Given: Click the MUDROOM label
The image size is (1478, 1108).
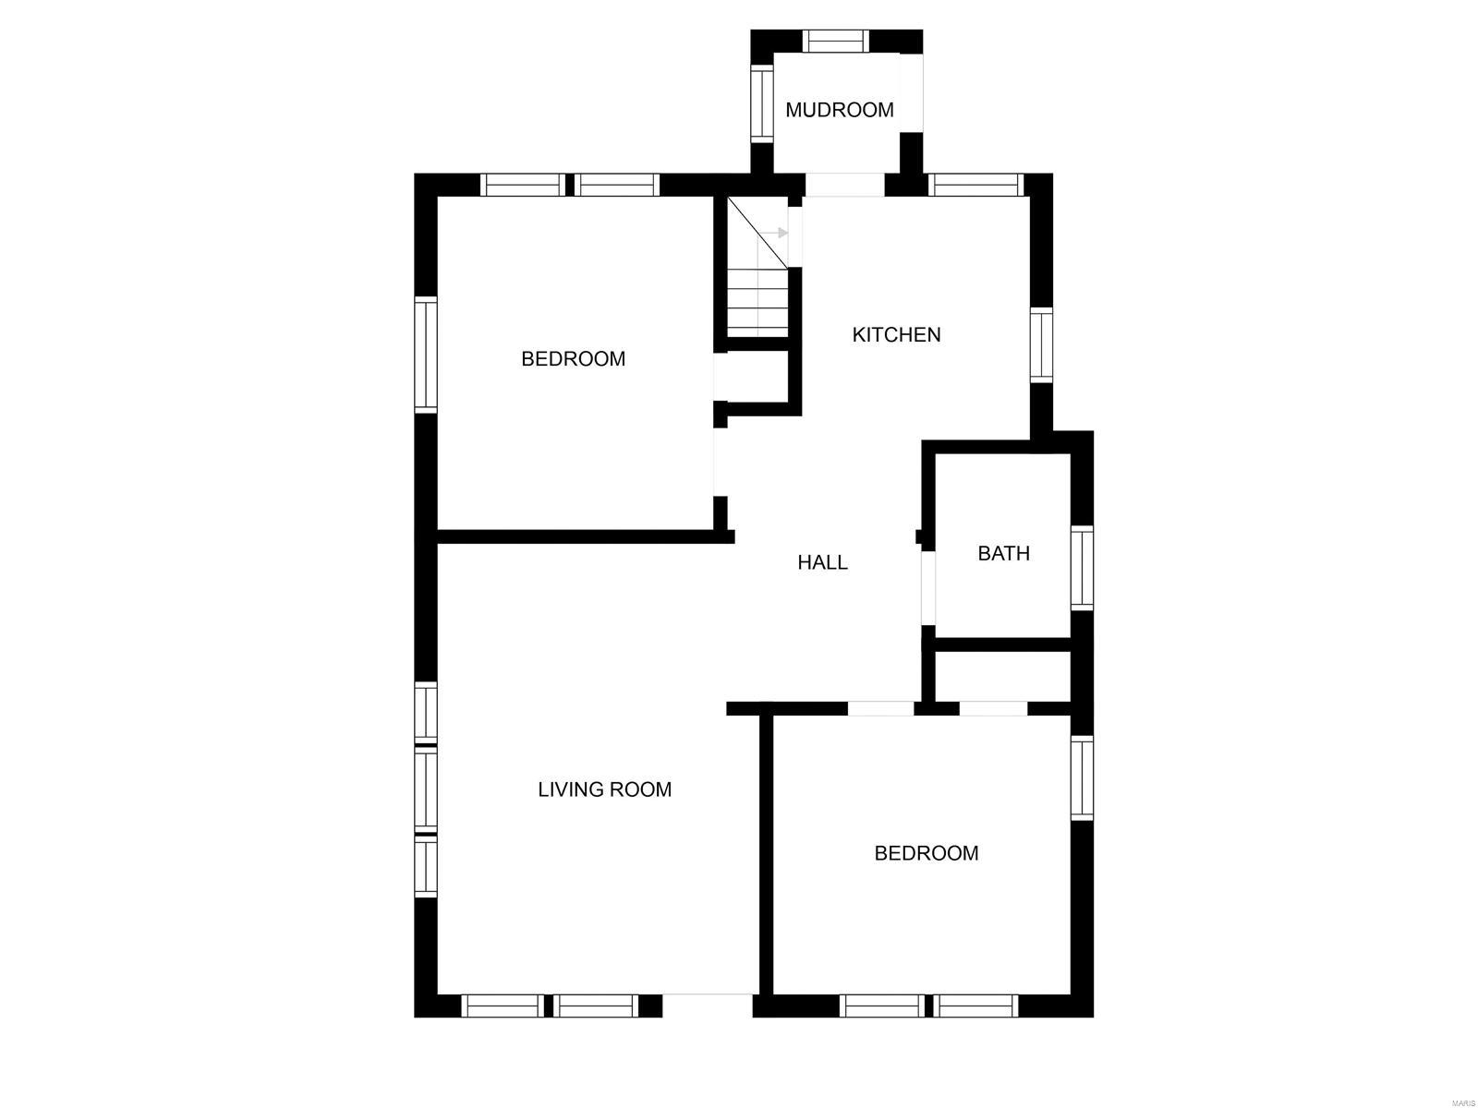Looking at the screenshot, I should click(839, 110).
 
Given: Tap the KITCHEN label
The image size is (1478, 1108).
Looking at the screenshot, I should click(896, 334).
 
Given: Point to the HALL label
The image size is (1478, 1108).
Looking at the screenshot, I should click(822, 562).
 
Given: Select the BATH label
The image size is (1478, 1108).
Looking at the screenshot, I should click(1003, 553).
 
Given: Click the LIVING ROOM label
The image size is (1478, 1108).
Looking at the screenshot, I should click(604, 789).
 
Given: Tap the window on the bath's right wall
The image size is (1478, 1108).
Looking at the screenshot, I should click(1082, 568).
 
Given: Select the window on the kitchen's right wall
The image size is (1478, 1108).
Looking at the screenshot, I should click(1041, 345).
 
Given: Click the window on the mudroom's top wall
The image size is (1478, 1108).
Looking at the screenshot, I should click(835, 42).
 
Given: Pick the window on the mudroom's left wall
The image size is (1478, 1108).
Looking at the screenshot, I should click(761, 103).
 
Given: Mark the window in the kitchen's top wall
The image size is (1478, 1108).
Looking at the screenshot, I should click(975, 185).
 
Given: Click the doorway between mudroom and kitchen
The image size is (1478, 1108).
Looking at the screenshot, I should click(844, 185).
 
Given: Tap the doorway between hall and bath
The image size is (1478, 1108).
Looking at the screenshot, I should click(928, 588).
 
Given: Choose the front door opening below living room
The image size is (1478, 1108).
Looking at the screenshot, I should click(709, 1005).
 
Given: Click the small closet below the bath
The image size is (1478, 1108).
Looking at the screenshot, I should click(1002, 676).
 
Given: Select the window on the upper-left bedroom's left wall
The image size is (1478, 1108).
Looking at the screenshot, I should click(425, 355).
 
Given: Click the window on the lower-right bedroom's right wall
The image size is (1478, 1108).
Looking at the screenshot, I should click(1082, 777).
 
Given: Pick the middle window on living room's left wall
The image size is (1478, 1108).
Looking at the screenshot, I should click(425, 789).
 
